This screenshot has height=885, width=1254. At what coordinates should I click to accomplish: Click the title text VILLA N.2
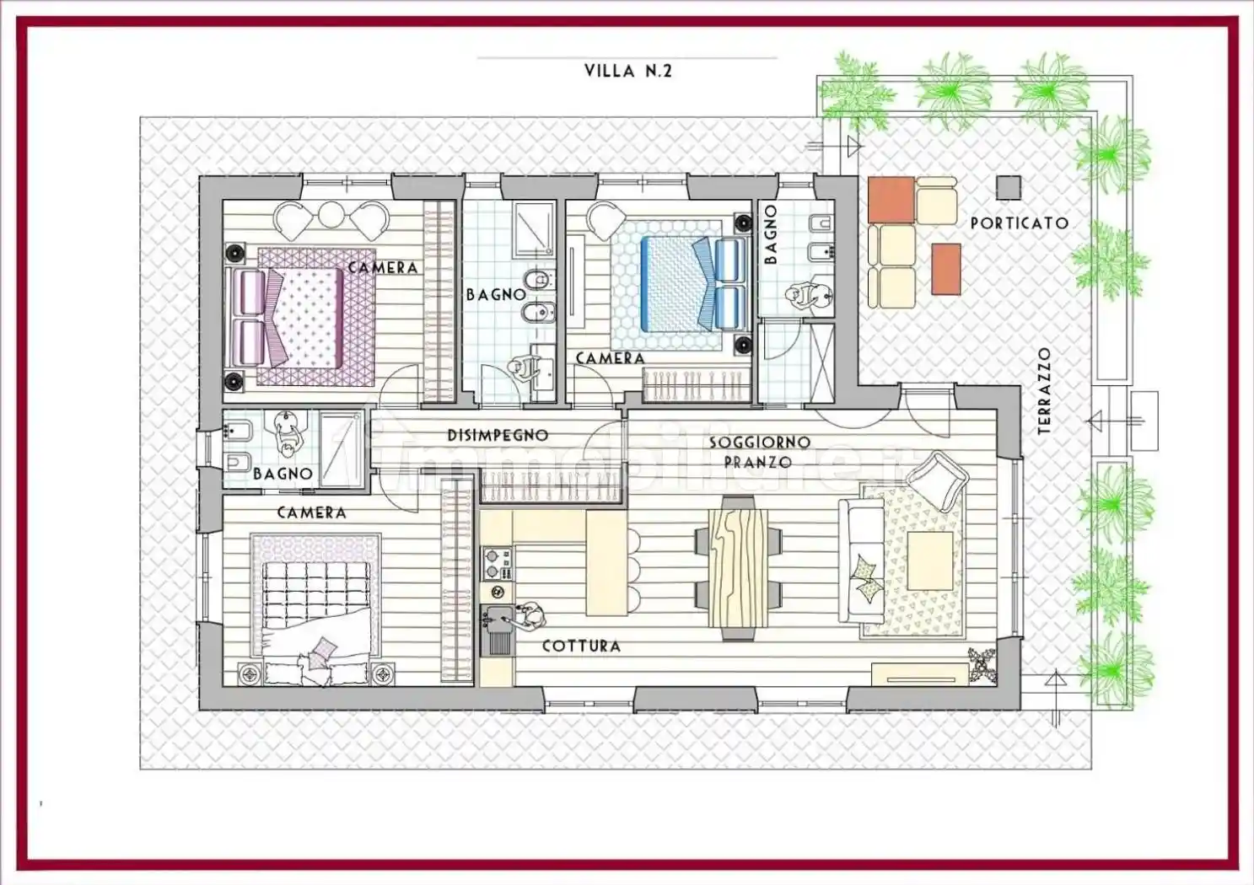click(x=627, y=71)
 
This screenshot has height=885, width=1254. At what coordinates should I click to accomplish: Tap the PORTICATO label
click(x=1019, y=223)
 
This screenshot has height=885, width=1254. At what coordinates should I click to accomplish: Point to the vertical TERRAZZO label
click(x=1045, y=391)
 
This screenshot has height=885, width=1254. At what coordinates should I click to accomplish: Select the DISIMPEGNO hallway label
click(x=498, y=436)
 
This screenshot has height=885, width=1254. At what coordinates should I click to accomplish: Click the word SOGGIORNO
click(x=759, y=442)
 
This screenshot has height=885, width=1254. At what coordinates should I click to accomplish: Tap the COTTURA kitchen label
click(x=581, y=646)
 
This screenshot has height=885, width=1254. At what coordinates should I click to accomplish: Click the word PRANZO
click(x=757, y=462)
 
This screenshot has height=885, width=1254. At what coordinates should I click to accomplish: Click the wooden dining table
click(x=738, y=567)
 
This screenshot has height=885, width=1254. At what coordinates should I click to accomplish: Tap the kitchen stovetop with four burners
click(x=497, y=563)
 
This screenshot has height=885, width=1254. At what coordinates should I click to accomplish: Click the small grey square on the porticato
click(x=1008, y=187)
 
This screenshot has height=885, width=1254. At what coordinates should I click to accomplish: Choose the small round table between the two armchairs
click(x=331, y=214)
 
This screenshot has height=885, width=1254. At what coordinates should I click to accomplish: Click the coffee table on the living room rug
click(x=929, y=560)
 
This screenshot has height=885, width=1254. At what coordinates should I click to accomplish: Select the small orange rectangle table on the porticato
click(x=946, y=269)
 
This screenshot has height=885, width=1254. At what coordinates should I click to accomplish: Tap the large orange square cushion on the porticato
click(x=891, y=200)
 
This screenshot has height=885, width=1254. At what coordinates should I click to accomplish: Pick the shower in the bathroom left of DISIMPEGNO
click(x=342, y=450)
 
